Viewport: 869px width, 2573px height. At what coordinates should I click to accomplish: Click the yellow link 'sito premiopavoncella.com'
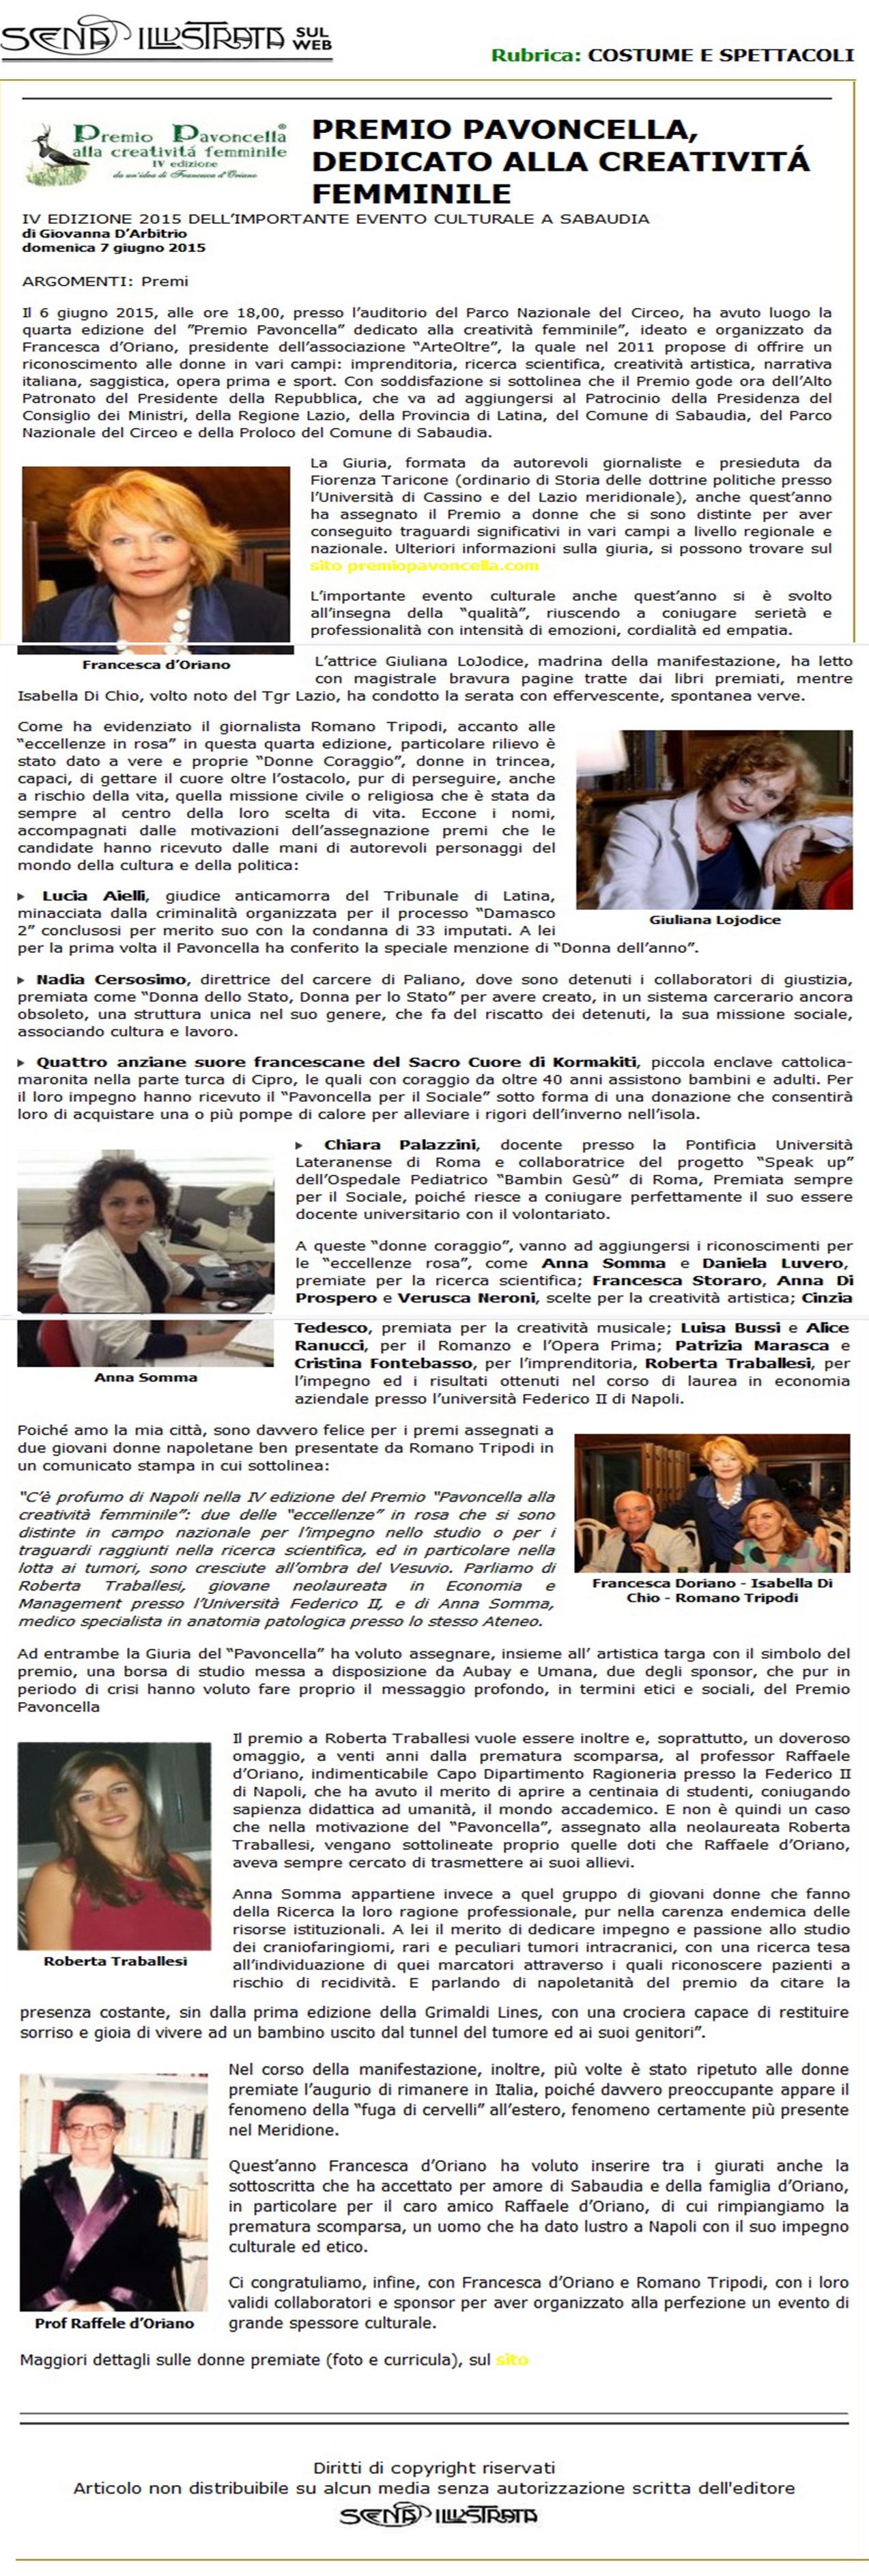425,565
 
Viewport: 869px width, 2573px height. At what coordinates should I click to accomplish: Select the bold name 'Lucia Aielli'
94,896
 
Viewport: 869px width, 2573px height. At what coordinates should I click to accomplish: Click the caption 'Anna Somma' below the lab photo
146,1378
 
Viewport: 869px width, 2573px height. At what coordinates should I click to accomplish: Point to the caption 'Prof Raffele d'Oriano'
115,2323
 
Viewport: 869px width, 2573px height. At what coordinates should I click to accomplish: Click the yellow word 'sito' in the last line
511,2359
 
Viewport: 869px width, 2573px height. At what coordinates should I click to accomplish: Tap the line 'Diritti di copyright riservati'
433,2467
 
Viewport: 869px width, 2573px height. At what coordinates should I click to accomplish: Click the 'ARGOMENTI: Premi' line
105,282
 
